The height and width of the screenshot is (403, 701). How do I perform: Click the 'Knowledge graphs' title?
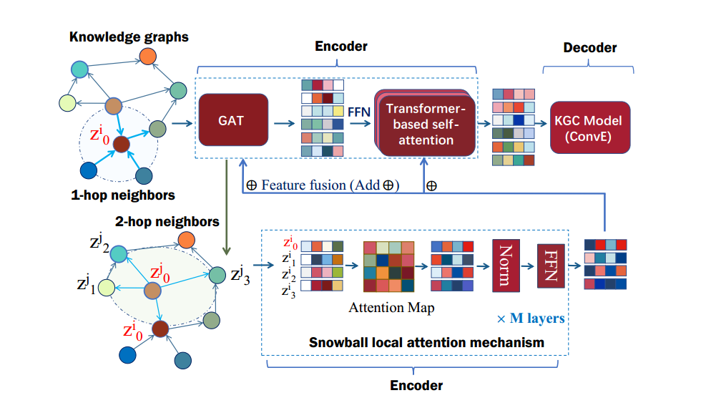[x=129, y=36]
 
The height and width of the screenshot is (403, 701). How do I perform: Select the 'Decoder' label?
[x=589, y=48]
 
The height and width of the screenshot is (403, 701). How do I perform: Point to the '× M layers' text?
[x=531, y=318]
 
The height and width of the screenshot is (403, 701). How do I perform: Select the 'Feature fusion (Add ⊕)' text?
[x=322, y=185]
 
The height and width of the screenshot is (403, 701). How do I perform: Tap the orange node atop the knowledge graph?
[x=148, y=56]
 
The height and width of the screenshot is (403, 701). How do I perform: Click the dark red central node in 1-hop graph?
[x=122, y=144]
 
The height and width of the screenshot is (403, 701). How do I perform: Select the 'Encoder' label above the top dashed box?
[x=341, y=47]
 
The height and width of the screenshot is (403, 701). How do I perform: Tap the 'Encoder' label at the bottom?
[x=416, y=385]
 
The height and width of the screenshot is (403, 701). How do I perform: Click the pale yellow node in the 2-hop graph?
[x=107, y=288]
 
